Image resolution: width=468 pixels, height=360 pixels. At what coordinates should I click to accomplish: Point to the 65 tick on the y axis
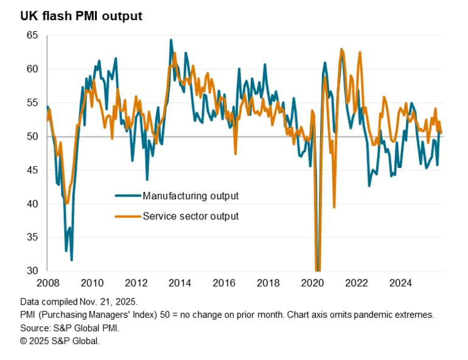32,36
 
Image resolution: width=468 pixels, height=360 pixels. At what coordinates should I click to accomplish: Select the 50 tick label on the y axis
32,136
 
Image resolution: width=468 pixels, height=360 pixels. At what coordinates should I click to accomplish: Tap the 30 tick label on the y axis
32,271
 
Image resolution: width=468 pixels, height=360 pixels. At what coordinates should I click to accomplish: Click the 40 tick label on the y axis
32,204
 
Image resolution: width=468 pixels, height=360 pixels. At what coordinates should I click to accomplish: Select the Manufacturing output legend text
190,196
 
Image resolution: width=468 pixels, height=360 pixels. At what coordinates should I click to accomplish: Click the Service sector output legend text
190,216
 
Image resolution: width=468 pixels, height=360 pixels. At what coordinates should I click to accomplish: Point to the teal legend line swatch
128,196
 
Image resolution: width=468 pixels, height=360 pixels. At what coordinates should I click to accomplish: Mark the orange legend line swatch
128,216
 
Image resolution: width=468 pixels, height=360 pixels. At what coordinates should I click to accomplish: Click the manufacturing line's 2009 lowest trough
72,260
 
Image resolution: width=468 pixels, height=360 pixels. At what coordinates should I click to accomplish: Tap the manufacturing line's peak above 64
171,40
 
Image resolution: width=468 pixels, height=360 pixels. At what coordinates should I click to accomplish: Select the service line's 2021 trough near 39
334,207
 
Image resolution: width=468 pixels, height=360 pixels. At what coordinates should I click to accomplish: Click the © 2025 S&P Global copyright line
60,341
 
